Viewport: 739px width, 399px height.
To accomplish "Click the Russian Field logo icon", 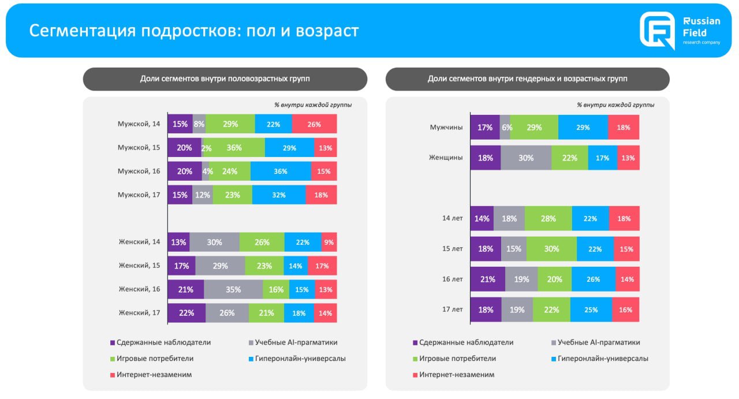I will pos(657,30).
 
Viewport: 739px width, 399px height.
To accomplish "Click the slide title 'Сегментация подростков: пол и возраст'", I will pos(194,31).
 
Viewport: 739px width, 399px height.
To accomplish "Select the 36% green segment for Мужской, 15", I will pos(234,148).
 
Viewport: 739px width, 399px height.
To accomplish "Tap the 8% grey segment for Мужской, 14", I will pos(199,124).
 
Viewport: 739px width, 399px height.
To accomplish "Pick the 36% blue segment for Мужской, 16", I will pos(281,171).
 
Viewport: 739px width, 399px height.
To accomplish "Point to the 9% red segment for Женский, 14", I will pos(329,243).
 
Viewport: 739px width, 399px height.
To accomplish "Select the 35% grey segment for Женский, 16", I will pos(233,289).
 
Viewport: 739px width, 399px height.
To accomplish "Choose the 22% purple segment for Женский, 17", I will pos(186,313).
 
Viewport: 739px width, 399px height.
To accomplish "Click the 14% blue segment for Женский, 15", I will pos(296,266).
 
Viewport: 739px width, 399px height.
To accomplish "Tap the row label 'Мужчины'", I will pos(446,128).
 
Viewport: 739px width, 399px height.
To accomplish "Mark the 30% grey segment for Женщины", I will pos(526,158).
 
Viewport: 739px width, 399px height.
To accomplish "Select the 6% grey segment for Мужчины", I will pos(506,128).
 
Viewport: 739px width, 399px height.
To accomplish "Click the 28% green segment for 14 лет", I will pos(548,219).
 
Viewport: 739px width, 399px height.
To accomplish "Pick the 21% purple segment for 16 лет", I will pos(487,279).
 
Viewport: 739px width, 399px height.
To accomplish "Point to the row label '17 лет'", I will pos(453,309).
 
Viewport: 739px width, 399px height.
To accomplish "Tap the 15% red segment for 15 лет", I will pos(626,249).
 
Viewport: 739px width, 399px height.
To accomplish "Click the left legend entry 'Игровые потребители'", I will pos(155,359).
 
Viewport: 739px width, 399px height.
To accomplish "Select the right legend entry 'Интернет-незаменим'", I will pos(457,375).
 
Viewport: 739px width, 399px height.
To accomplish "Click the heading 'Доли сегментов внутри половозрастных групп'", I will pos(225,79).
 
